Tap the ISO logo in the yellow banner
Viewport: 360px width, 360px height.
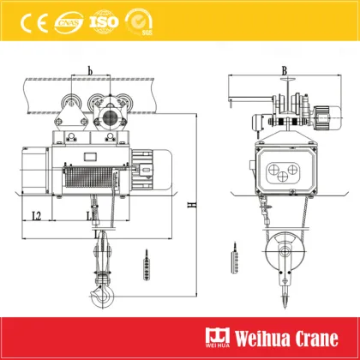[x=105, y=19]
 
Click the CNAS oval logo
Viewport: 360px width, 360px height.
[x=67, y=20]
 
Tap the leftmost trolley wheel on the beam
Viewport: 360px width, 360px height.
[x=66, y=112]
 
